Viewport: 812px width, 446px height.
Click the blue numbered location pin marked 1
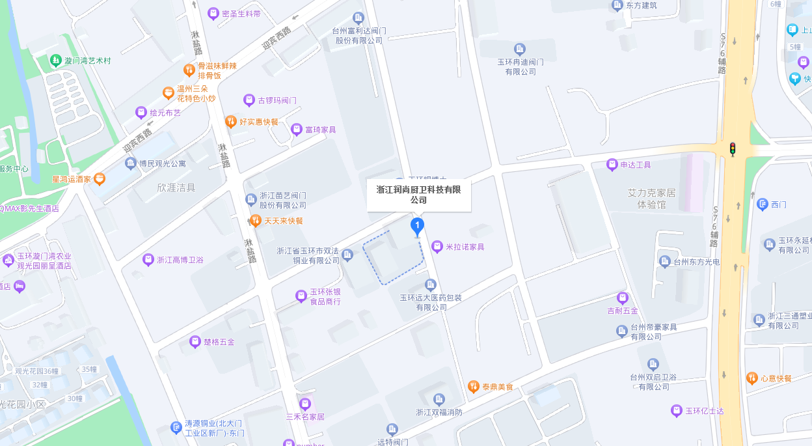pyautogui.click(x=417, y=227)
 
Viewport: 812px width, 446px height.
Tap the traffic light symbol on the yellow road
pyautogui.click(x=733, y=149)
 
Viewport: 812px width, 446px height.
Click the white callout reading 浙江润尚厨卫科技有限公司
pyautogui.click(x=418, y=195)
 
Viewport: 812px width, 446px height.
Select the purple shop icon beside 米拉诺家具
pyautogui.click(x=437, y=247)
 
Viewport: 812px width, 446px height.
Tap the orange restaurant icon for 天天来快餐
pyautogui.click(x=256, y=221)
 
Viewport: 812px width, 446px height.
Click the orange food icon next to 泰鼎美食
pyautogui.click(x=474, y=387)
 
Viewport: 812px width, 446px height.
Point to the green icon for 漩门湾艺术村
pyautogui.click(x=57, y=61)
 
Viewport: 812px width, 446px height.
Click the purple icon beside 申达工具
pyautogui.click(x=612, y=165)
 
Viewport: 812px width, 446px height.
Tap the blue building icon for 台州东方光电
pyautogui.click(x=664, y=262)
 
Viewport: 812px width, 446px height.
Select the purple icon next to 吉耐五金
pyautogui.click(x=623, y=298)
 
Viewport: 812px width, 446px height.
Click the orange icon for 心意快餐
pyautogui.click(x=752, y=378)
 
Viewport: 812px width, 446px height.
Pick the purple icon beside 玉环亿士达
pyautogui.click(x=677, y=411)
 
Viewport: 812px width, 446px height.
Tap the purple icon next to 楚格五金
pyautogui.click(x=195, y=341)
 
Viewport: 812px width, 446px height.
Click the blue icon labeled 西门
pyautogui.click(x=763, y=204)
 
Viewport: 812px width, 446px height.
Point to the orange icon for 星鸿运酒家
pyautogui.click(x=100, y=178)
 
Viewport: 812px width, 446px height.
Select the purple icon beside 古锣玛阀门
pyautogui.click(x=249, y=100)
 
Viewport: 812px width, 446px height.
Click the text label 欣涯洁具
pyautogui.click(x=176, y=188)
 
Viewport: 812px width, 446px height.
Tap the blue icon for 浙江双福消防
pyautogui.click(x=439, y=399)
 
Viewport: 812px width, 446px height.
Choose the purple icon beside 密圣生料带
pyautogui.click(x=213, y=14)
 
